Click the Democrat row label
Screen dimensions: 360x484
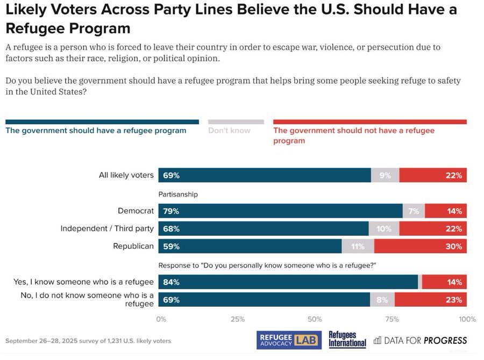(x=136, y=211)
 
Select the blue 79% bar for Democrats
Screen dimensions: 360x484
(x=280, y=211)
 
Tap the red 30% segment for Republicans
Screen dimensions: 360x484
(x=420, y=247)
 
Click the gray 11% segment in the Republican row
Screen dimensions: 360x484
(x=358, y=247)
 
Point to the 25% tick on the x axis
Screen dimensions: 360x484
(x=238, y=319)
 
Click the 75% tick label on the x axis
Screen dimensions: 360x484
(x=393, y=319)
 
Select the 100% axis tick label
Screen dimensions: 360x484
(x=467, y=319)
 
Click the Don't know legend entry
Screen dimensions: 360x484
(x=230, y=131)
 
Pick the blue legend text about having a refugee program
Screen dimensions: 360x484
(x=96, y=131)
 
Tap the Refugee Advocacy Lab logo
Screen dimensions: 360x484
(x=289, y=340)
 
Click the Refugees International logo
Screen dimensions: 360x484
(x=347, y=340)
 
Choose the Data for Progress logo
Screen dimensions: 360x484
(x=420, y=340)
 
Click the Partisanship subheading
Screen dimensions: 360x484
(x=178, y=194)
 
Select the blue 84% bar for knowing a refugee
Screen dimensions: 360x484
(x=288, y=282)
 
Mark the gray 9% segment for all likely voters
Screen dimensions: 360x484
(x=385, y=175)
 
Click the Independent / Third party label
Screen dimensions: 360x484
(x=107, y=229)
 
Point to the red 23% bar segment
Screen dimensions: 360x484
(x=430, y=300)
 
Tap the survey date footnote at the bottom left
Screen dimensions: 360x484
(x=88, y=341)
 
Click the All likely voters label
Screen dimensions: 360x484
(x=126, y=175)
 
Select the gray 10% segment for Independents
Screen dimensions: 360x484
(x=384, y=229)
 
